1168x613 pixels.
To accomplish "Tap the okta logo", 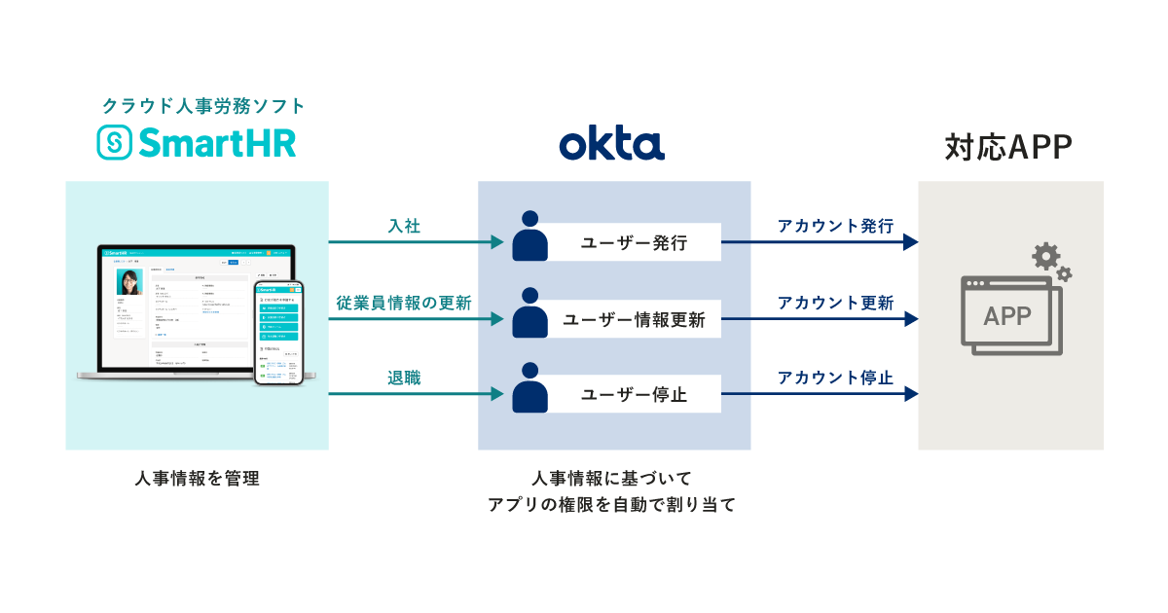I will pyautogui.click(x=612, y=144).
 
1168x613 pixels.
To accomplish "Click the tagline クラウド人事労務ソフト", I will pyautogui.click(x=203, y=105).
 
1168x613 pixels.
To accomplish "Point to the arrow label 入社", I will pyautogui.click(x=404, y=226).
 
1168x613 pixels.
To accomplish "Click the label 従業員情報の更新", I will pyautogui.click(x=404, y=303).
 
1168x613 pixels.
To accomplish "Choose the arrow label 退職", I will pyautogui.click(x=404, y=378).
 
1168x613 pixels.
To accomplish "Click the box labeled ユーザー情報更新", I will pyautogui.click(x=634, y=319).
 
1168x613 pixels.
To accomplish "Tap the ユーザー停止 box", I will pyautogui.click(x=634, y=395).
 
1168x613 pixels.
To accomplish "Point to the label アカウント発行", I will pyautogui.click(x=835, y=226).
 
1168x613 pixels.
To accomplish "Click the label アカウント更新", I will pyautogui.click(x=835, y=303).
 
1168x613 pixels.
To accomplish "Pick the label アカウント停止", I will pyautogui.click(x=835, y=378).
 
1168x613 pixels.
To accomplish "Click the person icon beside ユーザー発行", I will pyautogui.click(x=529, y=234).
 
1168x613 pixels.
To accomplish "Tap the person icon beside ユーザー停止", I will pyautogui.click(x=529, y=386).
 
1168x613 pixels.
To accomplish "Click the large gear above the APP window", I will pyautogui.click(x=1046, y=257).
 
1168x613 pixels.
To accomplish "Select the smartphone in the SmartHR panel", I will pyautogui.click(x=279, y=333).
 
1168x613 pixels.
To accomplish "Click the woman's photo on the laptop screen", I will pyautogui.click(x=128, y=282).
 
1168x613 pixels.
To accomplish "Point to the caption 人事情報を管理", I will pyautogui.click(x=198, y=479).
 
